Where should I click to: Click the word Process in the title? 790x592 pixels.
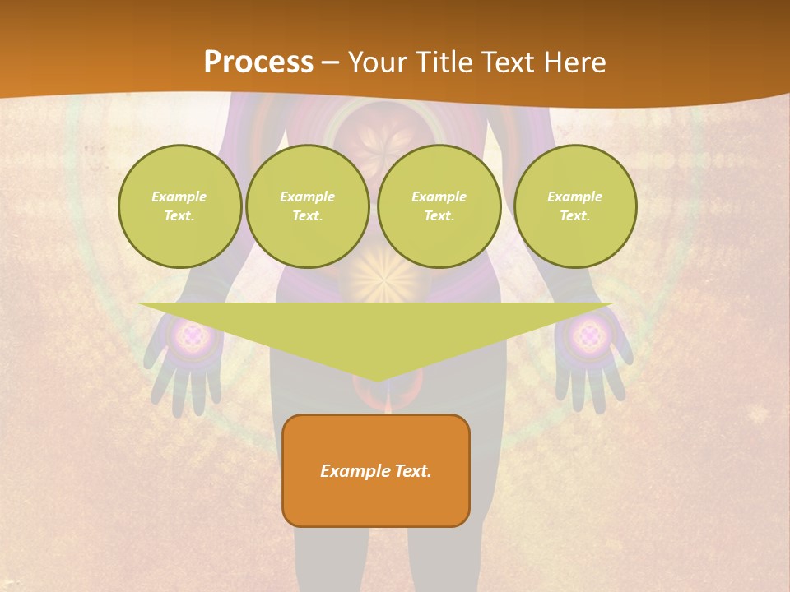258,62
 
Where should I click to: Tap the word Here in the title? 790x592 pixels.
576,62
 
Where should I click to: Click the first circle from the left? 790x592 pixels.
179,206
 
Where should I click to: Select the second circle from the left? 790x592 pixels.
307,206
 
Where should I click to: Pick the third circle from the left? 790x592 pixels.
439,206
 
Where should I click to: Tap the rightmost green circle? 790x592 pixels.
574,206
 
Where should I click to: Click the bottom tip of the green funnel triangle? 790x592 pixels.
376,380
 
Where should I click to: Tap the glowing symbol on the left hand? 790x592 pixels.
192,335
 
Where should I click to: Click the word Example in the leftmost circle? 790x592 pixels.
179,197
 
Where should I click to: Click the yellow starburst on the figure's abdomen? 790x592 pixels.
383,280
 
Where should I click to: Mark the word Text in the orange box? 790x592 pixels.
411,471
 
